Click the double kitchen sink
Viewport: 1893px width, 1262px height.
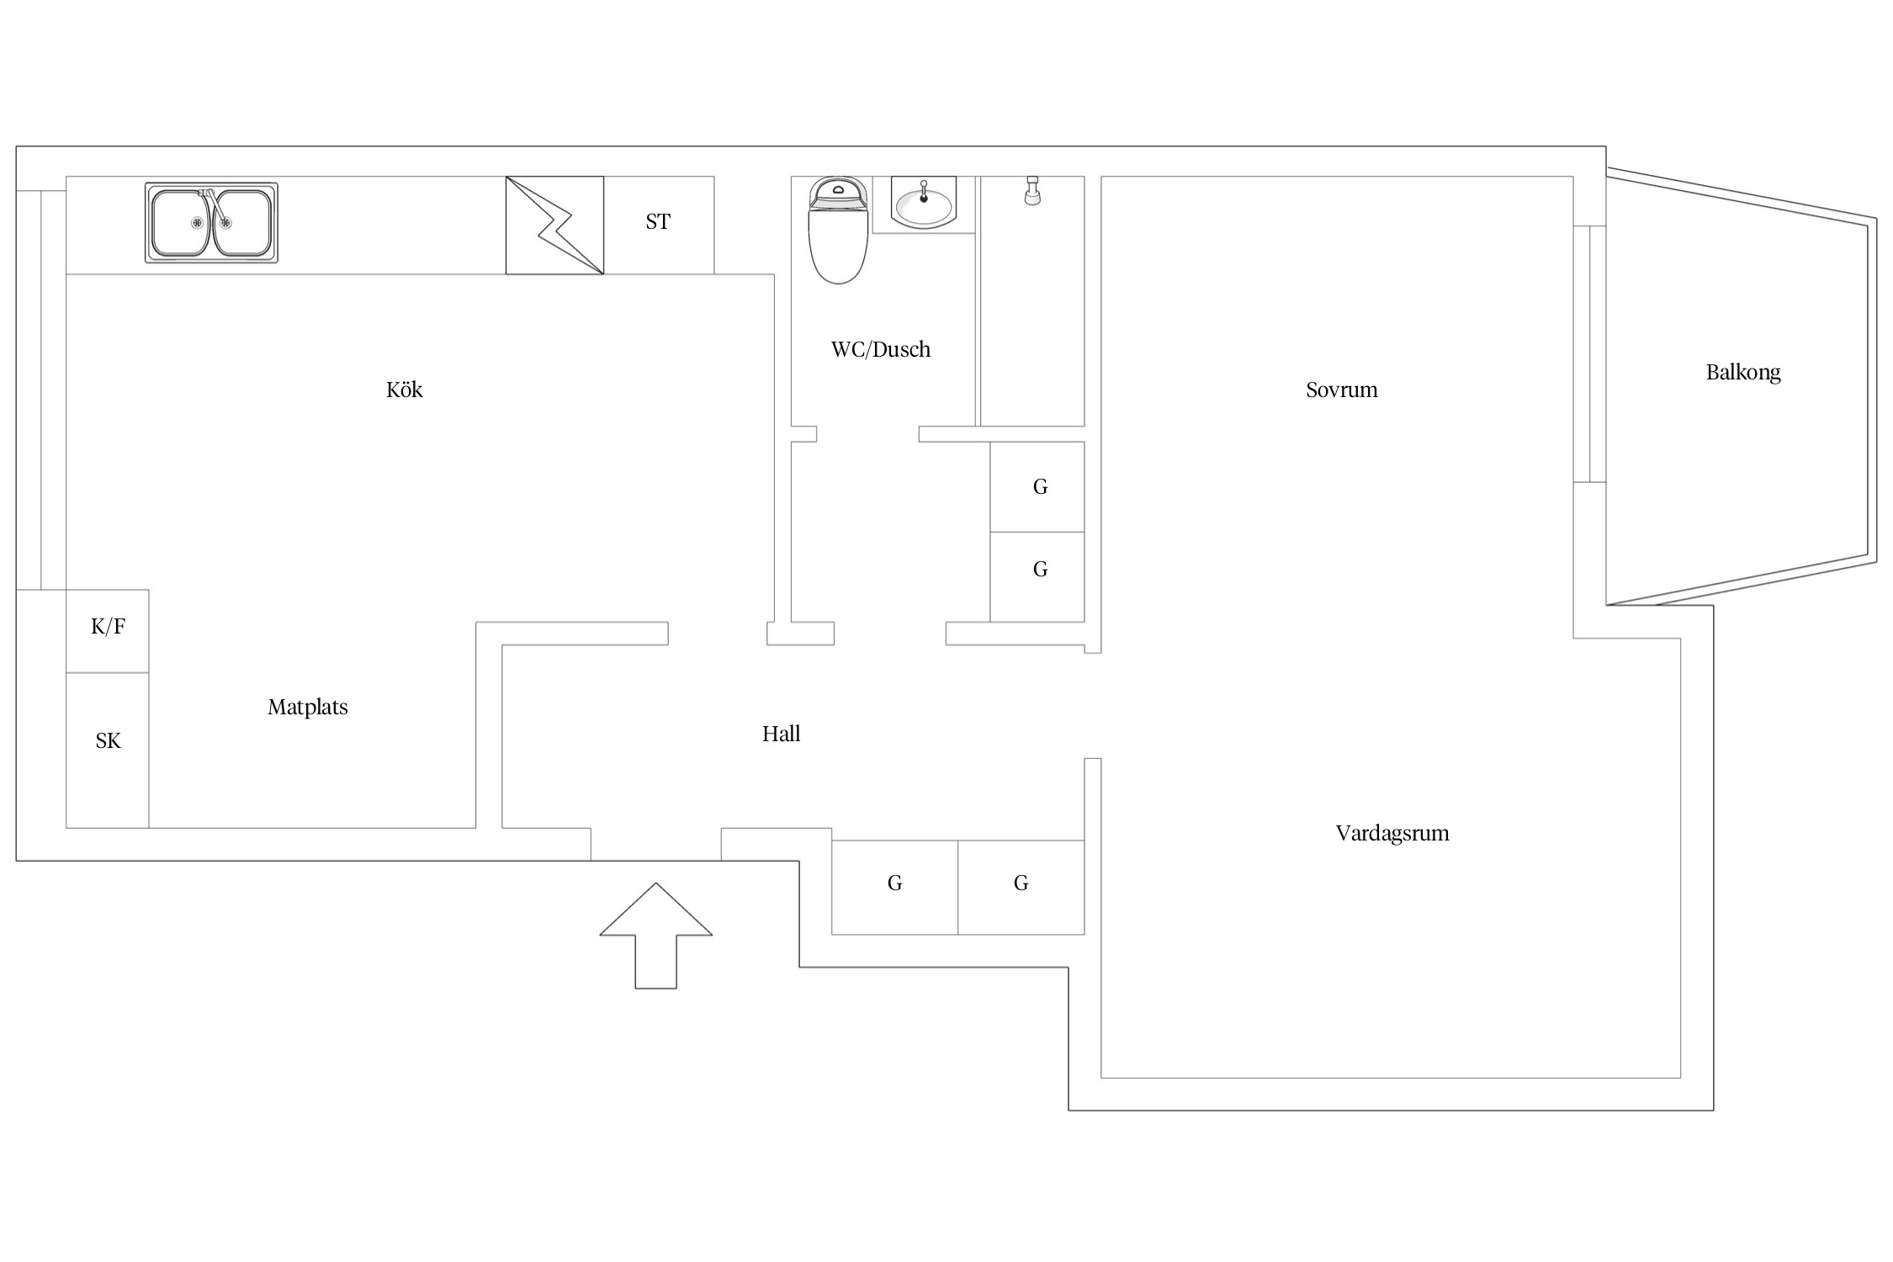pos(211,223)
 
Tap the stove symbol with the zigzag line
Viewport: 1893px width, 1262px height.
pos(554,225)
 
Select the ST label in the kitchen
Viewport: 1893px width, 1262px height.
pos(658,222)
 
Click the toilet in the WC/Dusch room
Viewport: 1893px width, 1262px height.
pos(838,231)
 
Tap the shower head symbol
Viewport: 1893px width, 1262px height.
pos(1032,190)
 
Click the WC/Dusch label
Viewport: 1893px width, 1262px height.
pos(881,350)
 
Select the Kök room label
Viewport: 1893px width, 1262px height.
pos(405,390)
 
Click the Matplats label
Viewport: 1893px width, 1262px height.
pos(308,708)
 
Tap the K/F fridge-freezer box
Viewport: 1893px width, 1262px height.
pos(108,631)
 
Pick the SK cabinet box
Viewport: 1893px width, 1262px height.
pos(108,750)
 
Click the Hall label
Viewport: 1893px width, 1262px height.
pos(781,734)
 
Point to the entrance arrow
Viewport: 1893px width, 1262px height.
pos(656,936)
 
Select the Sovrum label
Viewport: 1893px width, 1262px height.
pos(1342,390)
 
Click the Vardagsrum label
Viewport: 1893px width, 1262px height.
pos(1392,834)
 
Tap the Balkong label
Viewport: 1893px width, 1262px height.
pos(1743,373)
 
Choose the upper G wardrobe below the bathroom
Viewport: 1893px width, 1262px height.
pos(1037,487)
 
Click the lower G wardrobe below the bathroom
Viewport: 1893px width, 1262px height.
pos(1037,577)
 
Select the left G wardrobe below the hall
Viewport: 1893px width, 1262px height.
pos(895,888)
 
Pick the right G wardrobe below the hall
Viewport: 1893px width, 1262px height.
pos(1021,888)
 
